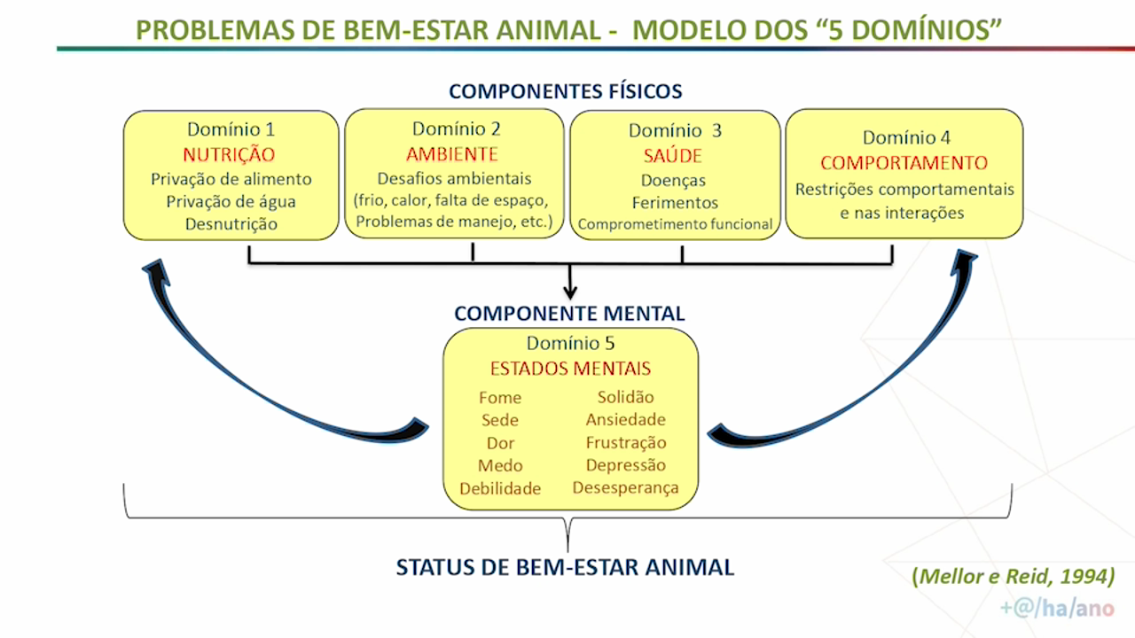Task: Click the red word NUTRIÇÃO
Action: (229, 154)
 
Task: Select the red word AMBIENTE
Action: (452, 154)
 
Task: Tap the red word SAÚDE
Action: (673, 155)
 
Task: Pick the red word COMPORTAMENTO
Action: (904, 163)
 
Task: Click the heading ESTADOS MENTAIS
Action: (570, 369)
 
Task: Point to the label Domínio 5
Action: (570, 343)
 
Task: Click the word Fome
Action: (500, 398)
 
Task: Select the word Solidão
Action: (626, 397)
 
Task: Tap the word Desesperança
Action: (626, 487)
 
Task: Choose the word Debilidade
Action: (500, 488)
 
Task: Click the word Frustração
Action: (626, 442)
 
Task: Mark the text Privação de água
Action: (231, 202)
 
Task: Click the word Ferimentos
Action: (675, 203)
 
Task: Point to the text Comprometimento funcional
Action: (675, 224)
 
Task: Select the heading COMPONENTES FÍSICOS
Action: (566, 91)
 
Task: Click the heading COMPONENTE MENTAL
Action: (569, 314)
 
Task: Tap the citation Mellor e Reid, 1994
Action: (1014, 576)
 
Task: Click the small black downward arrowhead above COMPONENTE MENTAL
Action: (570, 292)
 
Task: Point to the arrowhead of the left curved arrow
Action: (154, 269)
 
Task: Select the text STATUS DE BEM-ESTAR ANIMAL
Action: (565, 567)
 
